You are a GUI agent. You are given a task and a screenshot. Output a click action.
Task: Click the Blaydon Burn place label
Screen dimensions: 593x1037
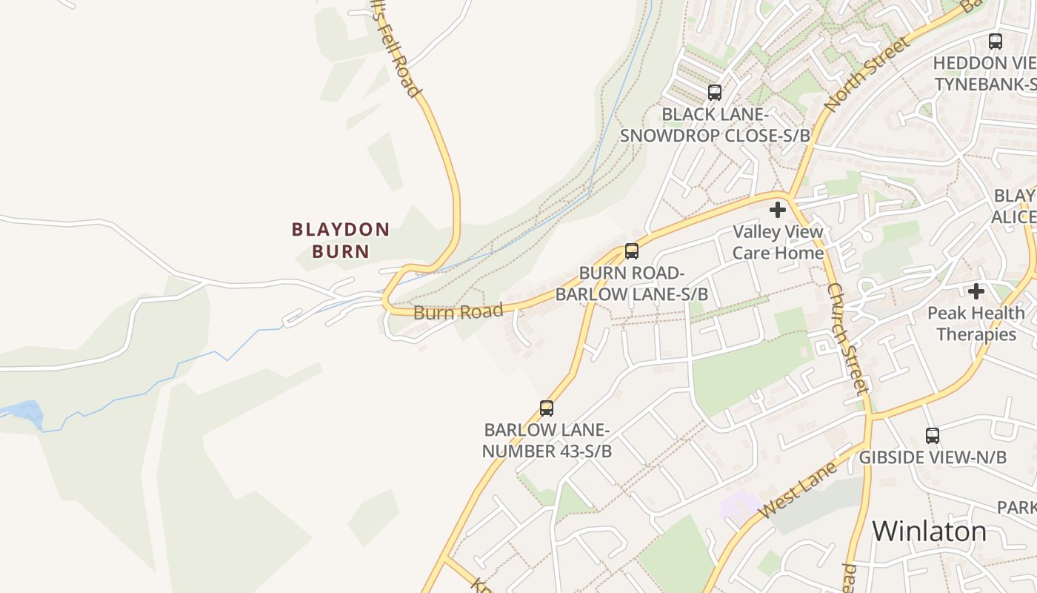coord(341,240)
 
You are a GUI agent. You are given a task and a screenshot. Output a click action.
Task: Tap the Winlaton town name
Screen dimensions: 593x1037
coord(929,531)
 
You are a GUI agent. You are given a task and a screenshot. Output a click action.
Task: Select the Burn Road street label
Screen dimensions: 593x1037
coord(458,311)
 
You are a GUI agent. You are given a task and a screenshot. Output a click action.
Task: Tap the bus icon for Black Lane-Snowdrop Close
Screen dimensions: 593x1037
coord(714,93)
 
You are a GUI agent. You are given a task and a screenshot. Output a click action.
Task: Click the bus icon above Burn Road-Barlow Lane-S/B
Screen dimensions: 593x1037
coord(631,251)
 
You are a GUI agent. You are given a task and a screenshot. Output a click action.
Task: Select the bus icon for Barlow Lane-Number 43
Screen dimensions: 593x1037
coord(547,408)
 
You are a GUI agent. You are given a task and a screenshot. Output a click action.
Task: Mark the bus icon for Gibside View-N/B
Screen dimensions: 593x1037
coord(933,436)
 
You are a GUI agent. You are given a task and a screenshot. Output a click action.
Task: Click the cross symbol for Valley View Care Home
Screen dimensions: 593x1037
coord(778,211)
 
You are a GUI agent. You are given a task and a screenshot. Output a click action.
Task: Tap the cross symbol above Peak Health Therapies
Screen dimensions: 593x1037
coord(976,291)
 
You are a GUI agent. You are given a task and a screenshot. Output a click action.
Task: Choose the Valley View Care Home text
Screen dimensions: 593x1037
coord(778,242)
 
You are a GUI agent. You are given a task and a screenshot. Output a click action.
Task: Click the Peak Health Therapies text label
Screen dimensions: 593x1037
coord(976,324)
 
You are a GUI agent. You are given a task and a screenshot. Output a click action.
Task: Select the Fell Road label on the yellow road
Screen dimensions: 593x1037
coord(398,52)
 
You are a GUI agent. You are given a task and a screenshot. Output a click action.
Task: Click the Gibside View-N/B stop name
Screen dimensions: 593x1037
coord(933,457)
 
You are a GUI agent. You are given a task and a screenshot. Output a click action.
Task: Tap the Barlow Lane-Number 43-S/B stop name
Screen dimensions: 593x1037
coord(547,440)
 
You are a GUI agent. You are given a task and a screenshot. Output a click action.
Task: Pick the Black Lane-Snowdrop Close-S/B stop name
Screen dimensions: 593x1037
coord(714,125)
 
